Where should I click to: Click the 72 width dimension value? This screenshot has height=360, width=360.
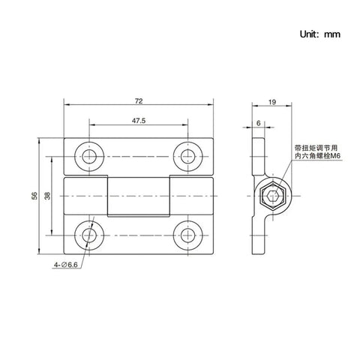point(139,100)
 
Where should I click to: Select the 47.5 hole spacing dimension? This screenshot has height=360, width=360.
point(139,121)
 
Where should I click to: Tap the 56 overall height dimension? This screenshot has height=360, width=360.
point(34,196)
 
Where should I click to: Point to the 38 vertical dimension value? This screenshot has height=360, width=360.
point(47,196)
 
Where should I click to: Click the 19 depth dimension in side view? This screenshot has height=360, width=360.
point(272,102)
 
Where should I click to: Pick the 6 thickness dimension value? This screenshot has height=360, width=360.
point(259,123)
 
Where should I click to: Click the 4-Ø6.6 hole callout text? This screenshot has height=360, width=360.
point(66,265)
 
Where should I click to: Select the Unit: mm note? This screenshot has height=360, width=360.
point(320,34)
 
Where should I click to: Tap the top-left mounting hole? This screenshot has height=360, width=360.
point(89,157)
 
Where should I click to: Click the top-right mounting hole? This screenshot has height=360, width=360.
point(187,157)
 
